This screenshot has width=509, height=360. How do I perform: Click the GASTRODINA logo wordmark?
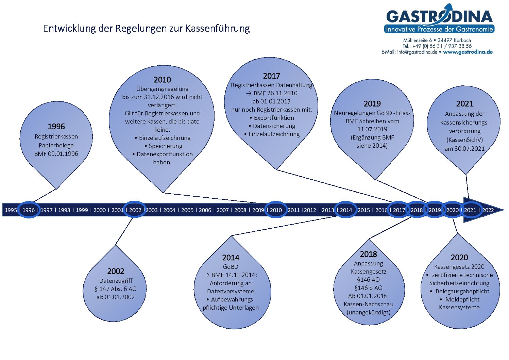(x=439, y=16)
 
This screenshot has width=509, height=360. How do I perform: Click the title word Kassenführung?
(x=218, y=29)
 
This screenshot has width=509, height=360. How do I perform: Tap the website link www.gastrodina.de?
(x=468, y=52)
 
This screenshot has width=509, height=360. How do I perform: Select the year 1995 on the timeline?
(x=11, y=210)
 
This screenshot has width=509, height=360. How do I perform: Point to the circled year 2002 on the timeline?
(x=135, y=210)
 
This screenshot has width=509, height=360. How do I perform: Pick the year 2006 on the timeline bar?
(x=205, y=210)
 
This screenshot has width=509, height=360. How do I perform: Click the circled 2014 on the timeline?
(x=346, y=210)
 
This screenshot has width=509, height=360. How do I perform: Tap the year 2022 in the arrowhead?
(x=488, y=210)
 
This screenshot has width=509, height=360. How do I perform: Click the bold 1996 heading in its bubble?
(x=56, y=127)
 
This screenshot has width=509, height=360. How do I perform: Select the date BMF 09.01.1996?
(x=56, y=154)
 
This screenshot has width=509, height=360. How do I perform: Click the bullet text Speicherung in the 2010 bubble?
(x=166, y=146)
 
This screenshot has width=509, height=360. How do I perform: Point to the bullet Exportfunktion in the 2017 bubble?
(x=274, y=118)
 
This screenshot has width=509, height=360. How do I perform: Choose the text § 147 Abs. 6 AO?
(x=115, y=289)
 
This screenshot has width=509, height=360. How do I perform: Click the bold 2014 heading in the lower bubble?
(x=231, y=258)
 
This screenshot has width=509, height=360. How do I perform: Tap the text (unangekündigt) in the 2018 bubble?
(x=368, y=313)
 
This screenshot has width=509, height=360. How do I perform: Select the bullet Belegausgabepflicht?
(x=462, y=291)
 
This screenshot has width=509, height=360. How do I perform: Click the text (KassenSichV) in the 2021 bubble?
(x=464, y=140)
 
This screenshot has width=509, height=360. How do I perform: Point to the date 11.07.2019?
(x=372, y=129)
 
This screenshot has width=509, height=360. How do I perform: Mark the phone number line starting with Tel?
(x=437, y=46)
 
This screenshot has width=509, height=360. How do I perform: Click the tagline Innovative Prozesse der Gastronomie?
(x=439, y=29)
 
